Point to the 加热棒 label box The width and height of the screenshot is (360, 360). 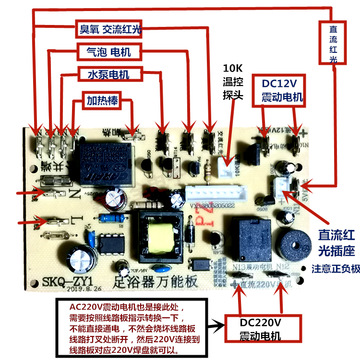tap(102, 101)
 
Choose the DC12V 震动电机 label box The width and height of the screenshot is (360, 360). tap(282, 90)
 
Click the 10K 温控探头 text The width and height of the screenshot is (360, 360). tap(233, 82)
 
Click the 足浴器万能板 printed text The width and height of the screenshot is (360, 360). tap(153, 283)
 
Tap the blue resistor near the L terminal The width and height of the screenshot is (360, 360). tap(109, 218)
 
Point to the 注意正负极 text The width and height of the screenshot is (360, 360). tap(336, 268)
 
